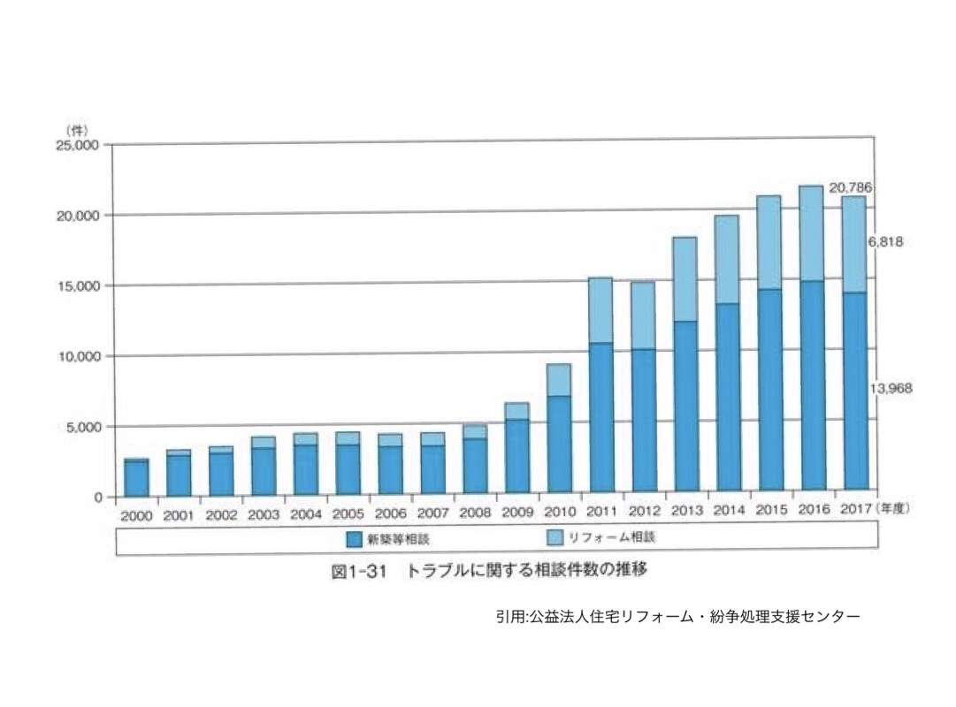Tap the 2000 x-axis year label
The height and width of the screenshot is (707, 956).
click(135, 515)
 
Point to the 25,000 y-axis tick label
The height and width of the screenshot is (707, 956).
click(80, 145)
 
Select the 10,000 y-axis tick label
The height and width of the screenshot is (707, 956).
click(80, 356)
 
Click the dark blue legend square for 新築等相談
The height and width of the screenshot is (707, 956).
click(353, 537)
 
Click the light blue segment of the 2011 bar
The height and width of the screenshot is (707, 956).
click(600, 310)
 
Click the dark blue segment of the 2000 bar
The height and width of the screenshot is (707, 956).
click(135, 478)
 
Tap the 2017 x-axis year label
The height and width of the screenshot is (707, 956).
click(853, 510)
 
